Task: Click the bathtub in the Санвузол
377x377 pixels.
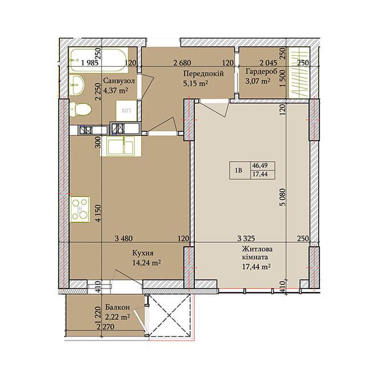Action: (98, 61)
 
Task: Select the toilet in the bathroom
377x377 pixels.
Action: (81, 110)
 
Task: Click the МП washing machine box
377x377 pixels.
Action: (127, 111)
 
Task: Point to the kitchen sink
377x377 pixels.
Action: (121, 146)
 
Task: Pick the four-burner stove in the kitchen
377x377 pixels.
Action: (80, 210)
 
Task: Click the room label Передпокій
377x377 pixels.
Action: (203, 73)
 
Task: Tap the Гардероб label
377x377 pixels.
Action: (261, 71)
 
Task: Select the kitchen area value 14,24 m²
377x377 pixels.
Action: (147, 263)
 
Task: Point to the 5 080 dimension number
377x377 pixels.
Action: (283, 197)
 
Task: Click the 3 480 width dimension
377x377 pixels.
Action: (124, 239)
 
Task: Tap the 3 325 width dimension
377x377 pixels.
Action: (246, 239)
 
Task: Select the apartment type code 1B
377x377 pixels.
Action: (239, 170)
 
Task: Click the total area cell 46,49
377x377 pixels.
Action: (260, 166)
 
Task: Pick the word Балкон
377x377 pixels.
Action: (118, 307)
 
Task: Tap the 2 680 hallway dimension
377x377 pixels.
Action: (182, 63)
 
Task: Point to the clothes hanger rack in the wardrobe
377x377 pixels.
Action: (299, 73)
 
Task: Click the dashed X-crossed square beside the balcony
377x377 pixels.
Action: (170, 315)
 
